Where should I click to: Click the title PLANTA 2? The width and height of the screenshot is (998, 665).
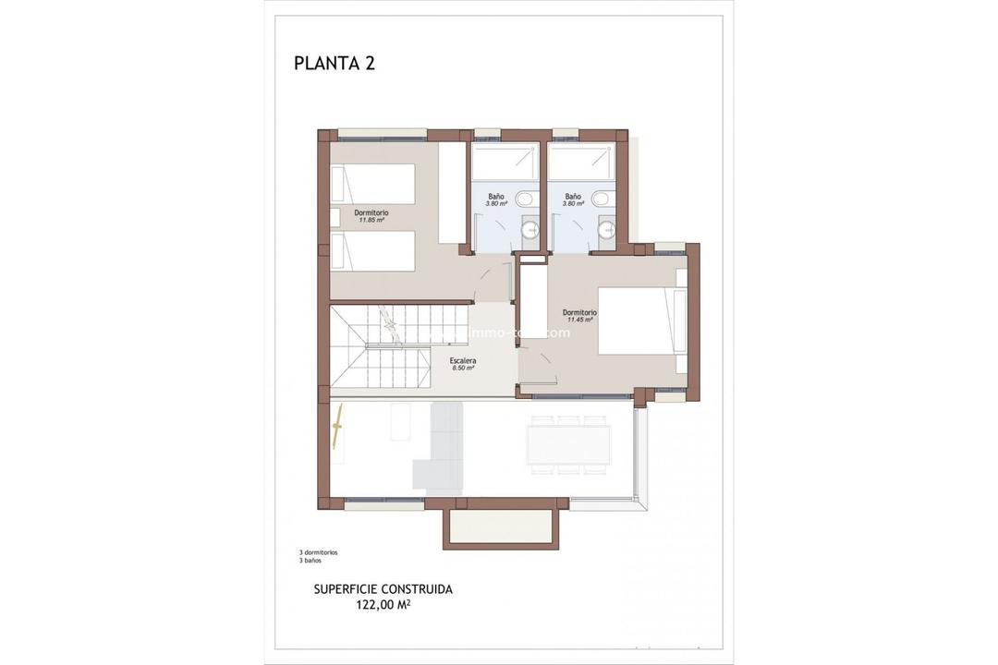pos(334,63)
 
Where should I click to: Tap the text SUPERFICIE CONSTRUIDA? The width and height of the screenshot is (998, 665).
pos(383,589)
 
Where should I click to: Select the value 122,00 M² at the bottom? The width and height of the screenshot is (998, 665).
pos(383,606)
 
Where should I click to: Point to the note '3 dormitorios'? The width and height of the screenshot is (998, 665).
pos(318,552)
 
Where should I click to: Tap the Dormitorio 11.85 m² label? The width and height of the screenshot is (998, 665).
pos(371,216)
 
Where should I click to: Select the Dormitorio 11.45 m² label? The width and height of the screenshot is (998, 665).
pos(579,316)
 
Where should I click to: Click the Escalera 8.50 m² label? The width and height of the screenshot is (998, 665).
pos(463,364)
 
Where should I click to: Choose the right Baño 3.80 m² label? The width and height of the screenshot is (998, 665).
pos(573,199)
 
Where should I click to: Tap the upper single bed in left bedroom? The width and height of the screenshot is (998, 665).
pos(372,183)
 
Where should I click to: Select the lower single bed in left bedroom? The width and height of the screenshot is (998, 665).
pos(372,252)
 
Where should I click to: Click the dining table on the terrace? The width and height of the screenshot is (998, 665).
pos(568,444)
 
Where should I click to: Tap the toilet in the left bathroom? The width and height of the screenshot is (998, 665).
pos(526,199)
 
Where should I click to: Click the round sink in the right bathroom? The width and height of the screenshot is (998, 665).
pos(607,229)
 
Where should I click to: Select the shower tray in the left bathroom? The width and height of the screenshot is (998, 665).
pos(504,162)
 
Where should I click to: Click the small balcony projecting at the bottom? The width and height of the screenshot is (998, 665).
pos(502,529)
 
